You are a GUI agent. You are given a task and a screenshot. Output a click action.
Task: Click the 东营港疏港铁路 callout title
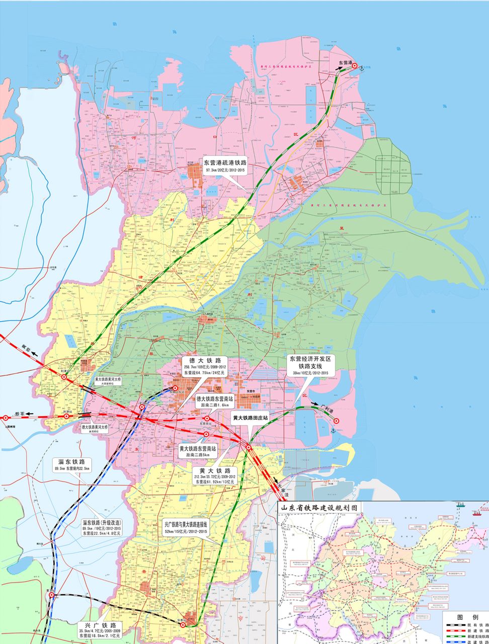[x=225, y=163]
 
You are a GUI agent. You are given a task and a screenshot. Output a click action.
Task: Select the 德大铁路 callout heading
[x=205, y=361]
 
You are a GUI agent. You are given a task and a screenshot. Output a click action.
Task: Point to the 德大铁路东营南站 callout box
[x=218, y=401]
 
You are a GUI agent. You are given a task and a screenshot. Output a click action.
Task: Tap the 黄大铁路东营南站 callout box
[x=198, y=451]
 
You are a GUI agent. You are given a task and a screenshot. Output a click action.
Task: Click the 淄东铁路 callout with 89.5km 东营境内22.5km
[x=72, y=464]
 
